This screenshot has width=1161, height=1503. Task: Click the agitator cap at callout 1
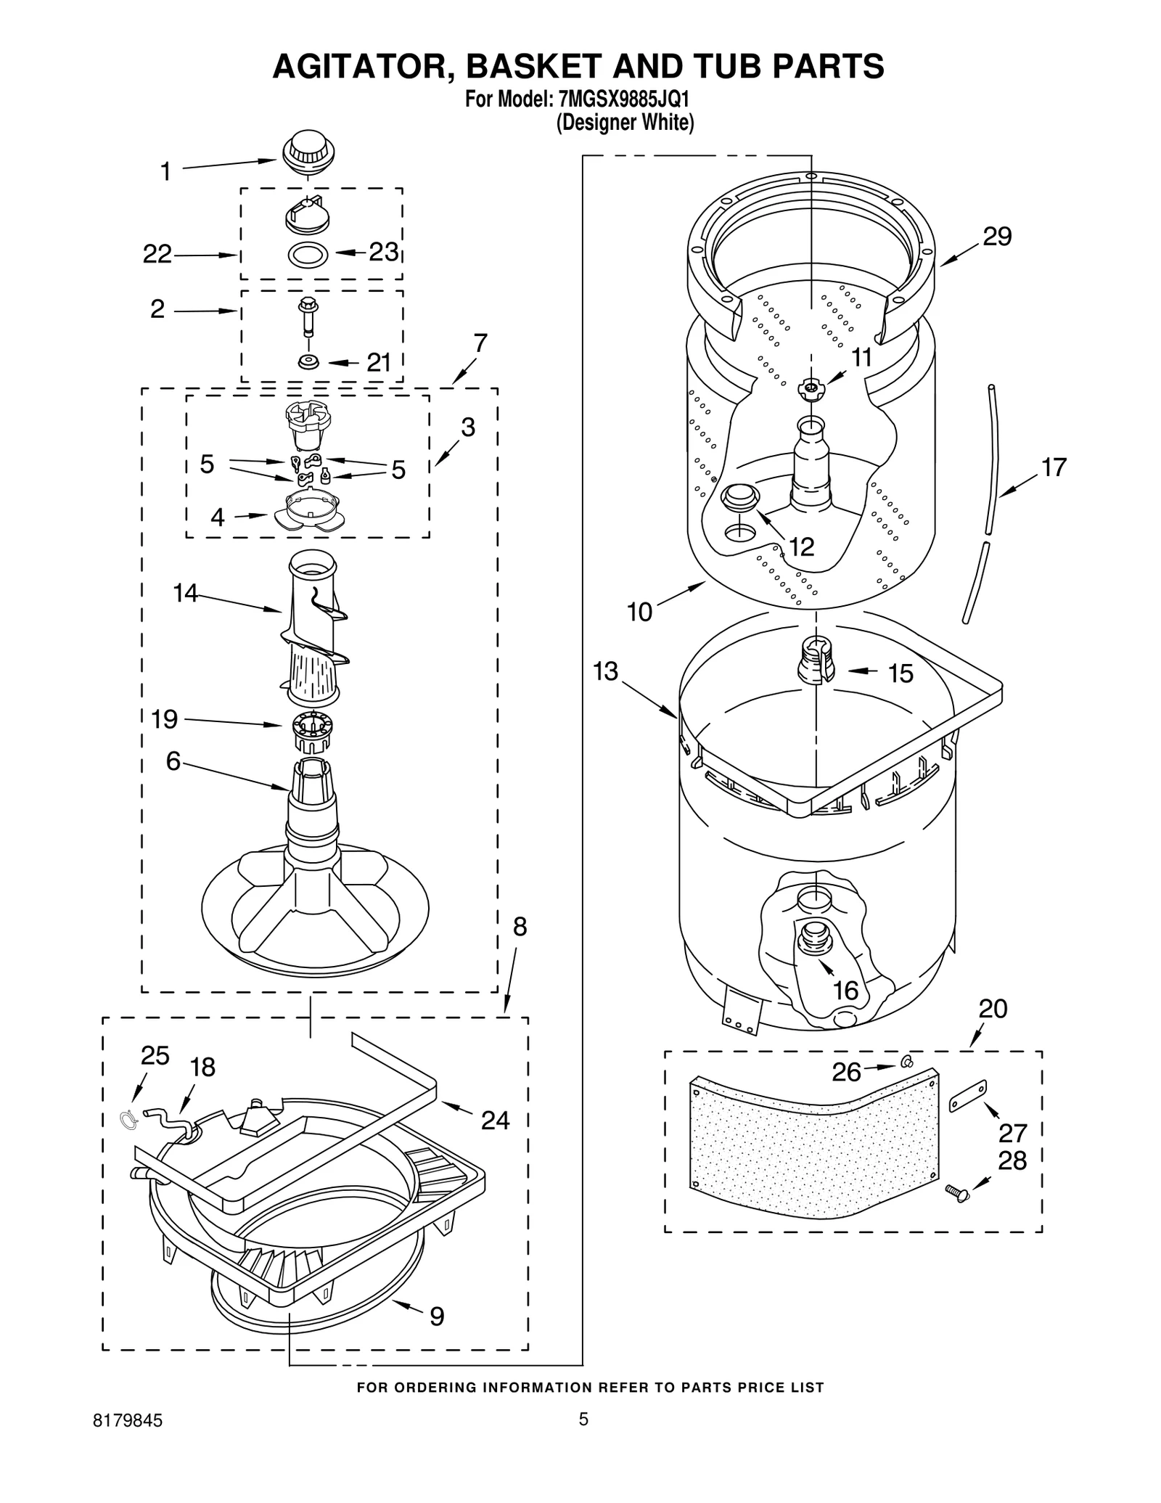click(x=308, y=152)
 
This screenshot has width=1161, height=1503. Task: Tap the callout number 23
click(x=383, y=252)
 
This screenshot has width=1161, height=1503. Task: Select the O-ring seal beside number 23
click(x=308, y=255)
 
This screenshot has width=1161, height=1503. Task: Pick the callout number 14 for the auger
click(x=185, y=593)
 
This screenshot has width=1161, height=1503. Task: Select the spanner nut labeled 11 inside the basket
click(x=811, y=390)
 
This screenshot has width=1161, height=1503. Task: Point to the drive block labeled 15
click(x=816, y=660)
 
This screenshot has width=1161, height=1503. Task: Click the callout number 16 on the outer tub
click(x=846, y=990)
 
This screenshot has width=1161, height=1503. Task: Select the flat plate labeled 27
click(x=968, y=1095)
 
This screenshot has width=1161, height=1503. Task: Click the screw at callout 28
click(x=957, y=1192)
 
